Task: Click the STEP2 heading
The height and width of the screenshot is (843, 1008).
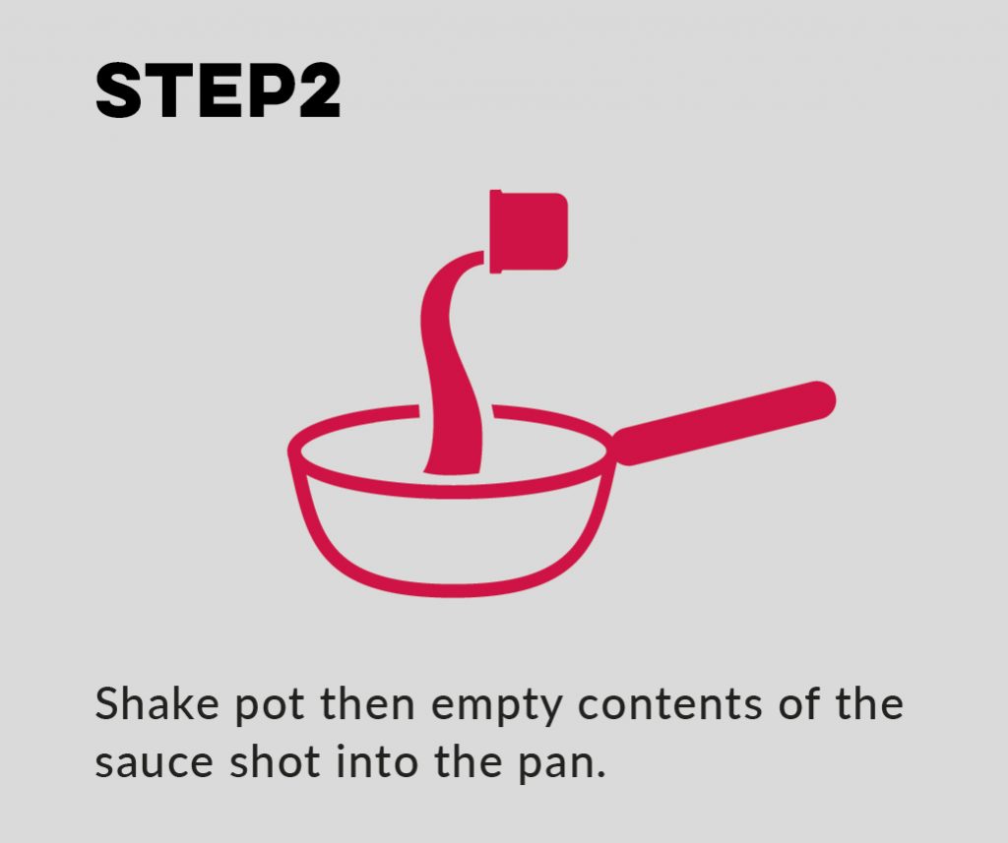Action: click(x=218, y=93)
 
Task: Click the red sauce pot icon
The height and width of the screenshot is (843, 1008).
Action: click(x=529, y=230)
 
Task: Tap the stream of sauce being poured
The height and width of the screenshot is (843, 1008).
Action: click(x=448, y=374)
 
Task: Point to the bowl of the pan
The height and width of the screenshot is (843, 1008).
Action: click(x=453, y=536)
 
